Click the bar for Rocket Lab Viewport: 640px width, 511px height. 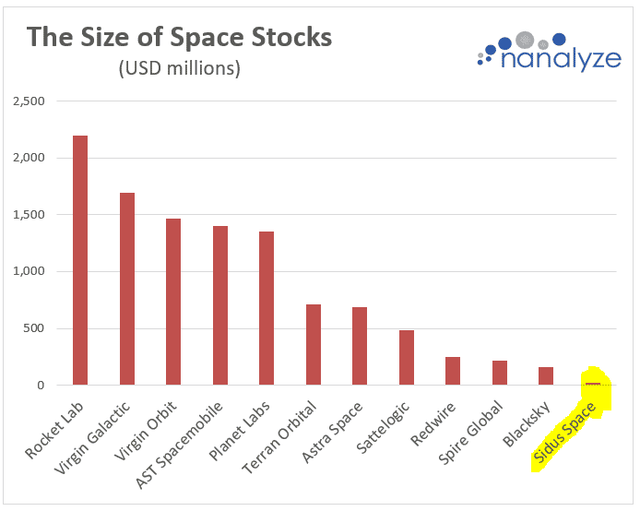pos(80,260)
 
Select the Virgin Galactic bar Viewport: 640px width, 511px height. pos(127,289)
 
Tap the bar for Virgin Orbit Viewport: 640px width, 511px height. pos(173,302)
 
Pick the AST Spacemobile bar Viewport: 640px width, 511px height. pos(220,305)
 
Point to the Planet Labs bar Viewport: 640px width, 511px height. pos(267,308)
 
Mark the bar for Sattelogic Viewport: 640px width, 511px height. pos(407,357)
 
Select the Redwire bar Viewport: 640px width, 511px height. pos(453,371)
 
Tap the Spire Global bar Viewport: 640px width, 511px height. pos(500,373)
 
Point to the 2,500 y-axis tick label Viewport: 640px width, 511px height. pos(29,101)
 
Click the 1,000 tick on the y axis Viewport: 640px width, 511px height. pos(29,271)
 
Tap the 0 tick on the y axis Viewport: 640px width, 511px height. pos(41,386)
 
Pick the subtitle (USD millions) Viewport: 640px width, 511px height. pos(180,69)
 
